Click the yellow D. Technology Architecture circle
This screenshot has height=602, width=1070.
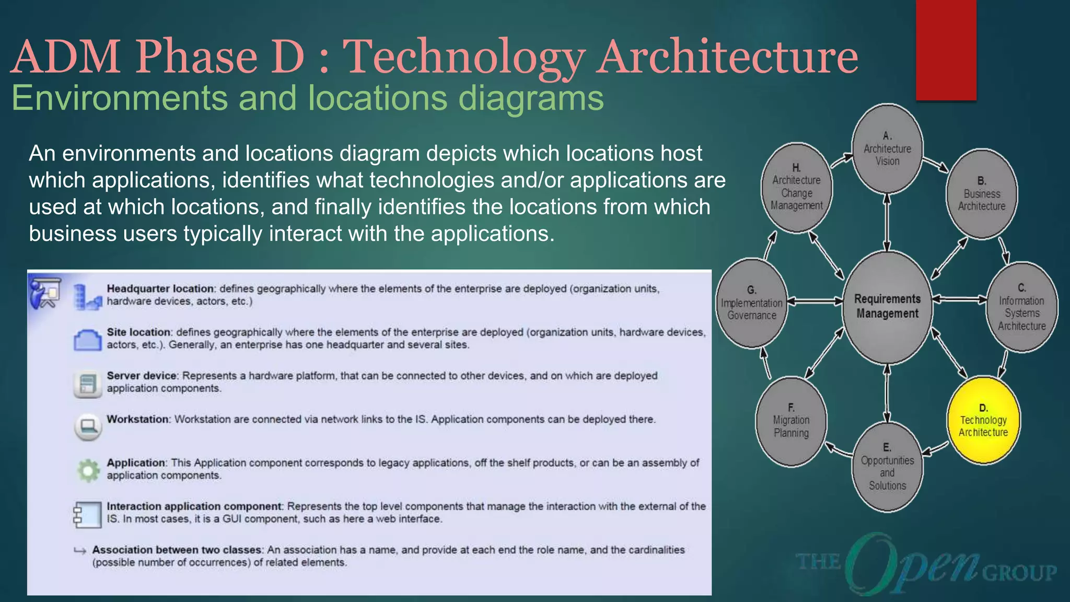pyautogui.click(x=983, y=420)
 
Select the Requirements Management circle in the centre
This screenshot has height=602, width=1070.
pyautogui.click(x=887, y=307)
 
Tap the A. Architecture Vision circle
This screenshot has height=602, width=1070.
pyautogui.click(x=887, y=149)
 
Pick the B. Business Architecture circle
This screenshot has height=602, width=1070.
pyautogui.click(x=982, y=194)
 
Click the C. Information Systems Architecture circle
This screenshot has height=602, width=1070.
pyautogui.click(x=1021, y=307)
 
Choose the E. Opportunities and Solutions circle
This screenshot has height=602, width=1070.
pyautogui.click(x=887, y=467)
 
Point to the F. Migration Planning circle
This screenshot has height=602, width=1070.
pyautogui.click(x=791, y=421)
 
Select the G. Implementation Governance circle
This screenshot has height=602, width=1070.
pyautogui.click(x=751, y=303)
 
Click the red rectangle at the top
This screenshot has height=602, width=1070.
pyautogui.click(x=946, y=50)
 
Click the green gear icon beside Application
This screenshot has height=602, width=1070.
pyautogui.click(x=88, y=470)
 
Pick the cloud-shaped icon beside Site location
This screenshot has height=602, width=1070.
pyautogui.click(x=87, y=340)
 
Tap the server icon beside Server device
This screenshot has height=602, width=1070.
pyautogui.click(x=87, y=384)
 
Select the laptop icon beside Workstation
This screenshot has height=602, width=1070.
pyautogui.click(x=87, y=427)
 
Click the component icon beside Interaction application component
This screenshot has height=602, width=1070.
pyautogui.click(x=87, y=514)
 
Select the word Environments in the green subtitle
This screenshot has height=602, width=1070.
pyautogui.click(x=120, y=98)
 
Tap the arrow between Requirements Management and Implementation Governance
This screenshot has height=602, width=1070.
pyautogui.click(x=815, y=301)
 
